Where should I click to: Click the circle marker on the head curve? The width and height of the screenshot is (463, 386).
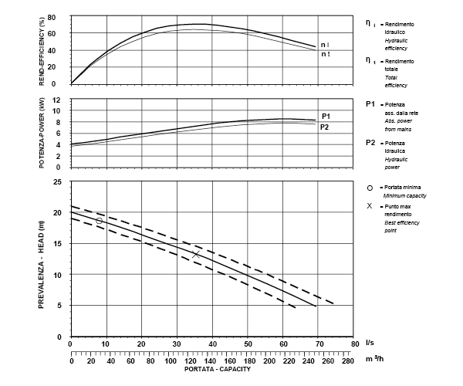(x=99, y=221)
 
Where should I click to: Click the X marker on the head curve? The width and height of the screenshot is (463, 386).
(x=196, y=253)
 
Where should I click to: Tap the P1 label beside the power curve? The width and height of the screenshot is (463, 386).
(x=326, y=115)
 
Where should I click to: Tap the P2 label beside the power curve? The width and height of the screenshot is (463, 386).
(x=324, y=126)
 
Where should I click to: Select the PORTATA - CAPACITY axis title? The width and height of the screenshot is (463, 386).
(x=218, y=368)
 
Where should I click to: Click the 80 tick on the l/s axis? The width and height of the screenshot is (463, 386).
(x=354, y=344)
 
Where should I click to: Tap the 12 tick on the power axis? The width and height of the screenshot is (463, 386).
(x=56, y=100)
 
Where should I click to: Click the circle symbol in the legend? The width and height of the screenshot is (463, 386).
(x=370, y=188)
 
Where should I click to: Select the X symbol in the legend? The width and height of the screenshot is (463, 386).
(x=370, y=206)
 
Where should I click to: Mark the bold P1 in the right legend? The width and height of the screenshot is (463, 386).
(x=370, y=103)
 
